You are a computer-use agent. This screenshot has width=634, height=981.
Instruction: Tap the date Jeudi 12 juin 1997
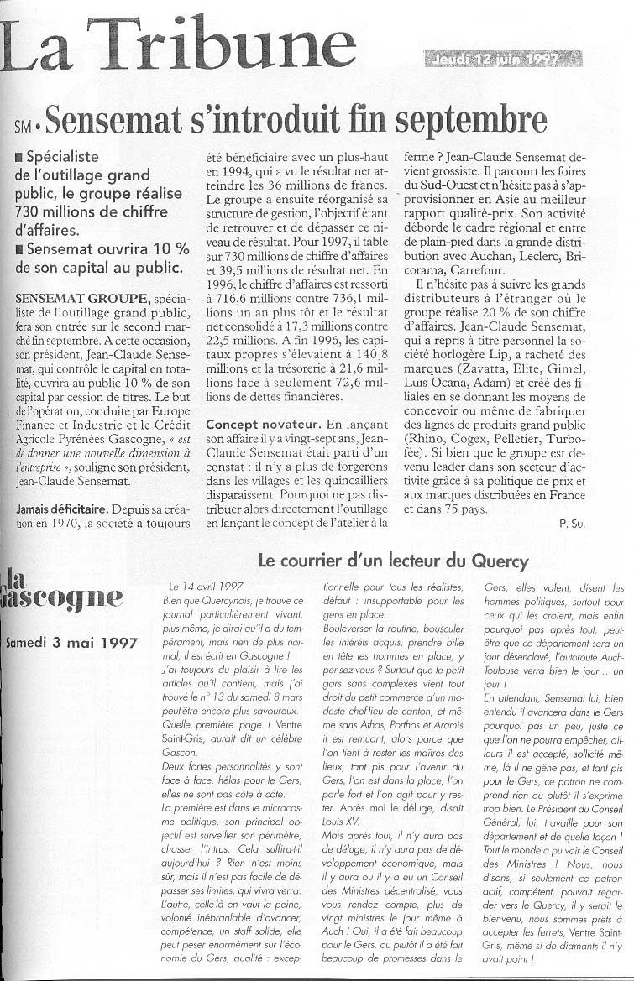pos(503,58)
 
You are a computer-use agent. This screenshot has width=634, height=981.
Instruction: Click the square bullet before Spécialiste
pos(19,157)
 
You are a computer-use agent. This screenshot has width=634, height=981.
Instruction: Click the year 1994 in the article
pos(226,171)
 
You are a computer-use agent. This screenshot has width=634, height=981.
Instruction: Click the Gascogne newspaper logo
pos(62,592)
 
